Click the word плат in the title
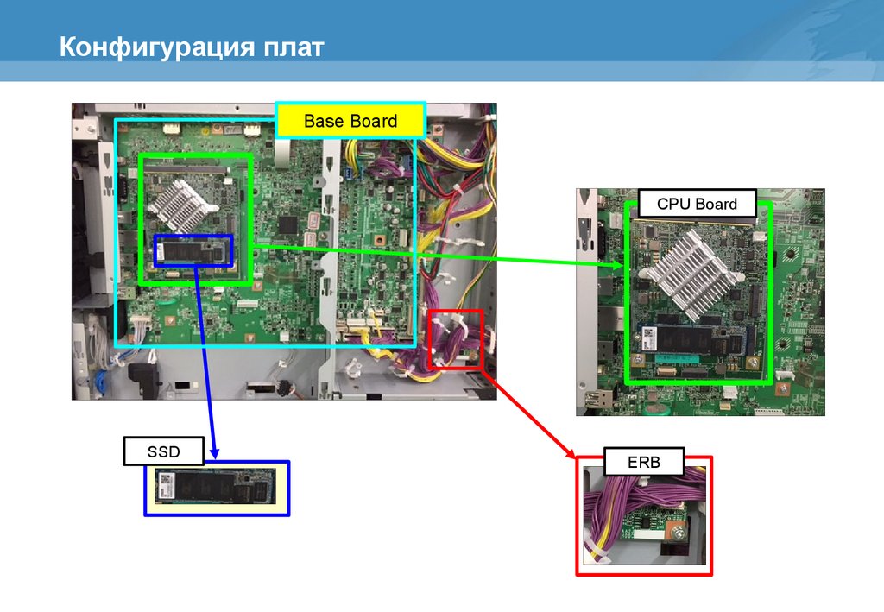[293, 47]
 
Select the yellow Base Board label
[350, 121]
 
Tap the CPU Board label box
[697, 204]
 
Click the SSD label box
[163, 451]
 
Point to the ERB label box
[644, 462]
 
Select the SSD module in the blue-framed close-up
[216, 487]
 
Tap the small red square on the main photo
[456, 339]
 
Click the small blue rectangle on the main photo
[193, 250]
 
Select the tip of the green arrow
[623, 267]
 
